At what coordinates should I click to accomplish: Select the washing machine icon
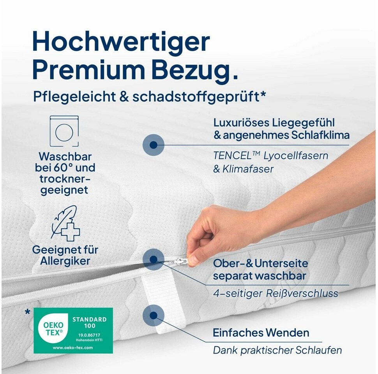[64, 131]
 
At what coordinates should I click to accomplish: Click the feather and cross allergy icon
[65, 223]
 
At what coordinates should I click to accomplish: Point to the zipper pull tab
[180, 261]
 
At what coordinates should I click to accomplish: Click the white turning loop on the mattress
[159, 301]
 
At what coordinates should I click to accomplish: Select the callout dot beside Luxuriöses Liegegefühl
[153, 145]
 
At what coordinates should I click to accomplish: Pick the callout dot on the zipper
[153, 259]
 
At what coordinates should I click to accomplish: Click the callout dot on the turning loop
[153, 316]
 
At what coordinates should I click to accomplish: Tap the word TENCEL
[233, 155]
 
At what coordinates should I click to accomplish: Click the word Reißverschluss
[302, 293]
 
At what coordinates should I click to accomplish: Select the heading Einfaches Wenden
[261, 333]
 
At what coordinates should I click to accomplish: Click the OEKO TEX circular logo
[53, 329]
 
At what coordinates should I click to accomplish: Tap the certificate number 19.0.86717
[89, 335]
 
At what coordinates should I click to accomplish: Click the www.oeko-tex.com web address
[73, 348]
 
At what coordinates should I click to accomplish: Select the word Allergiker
[65, 261]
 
